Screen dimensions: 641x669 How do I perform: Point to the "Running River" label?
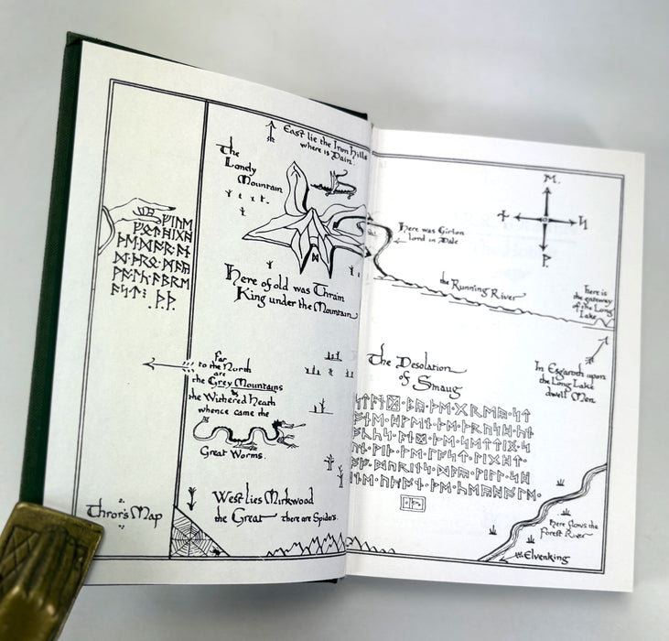tap(483, 289)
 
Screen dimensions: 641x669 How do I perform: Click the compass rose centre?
tap(545, 219)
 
